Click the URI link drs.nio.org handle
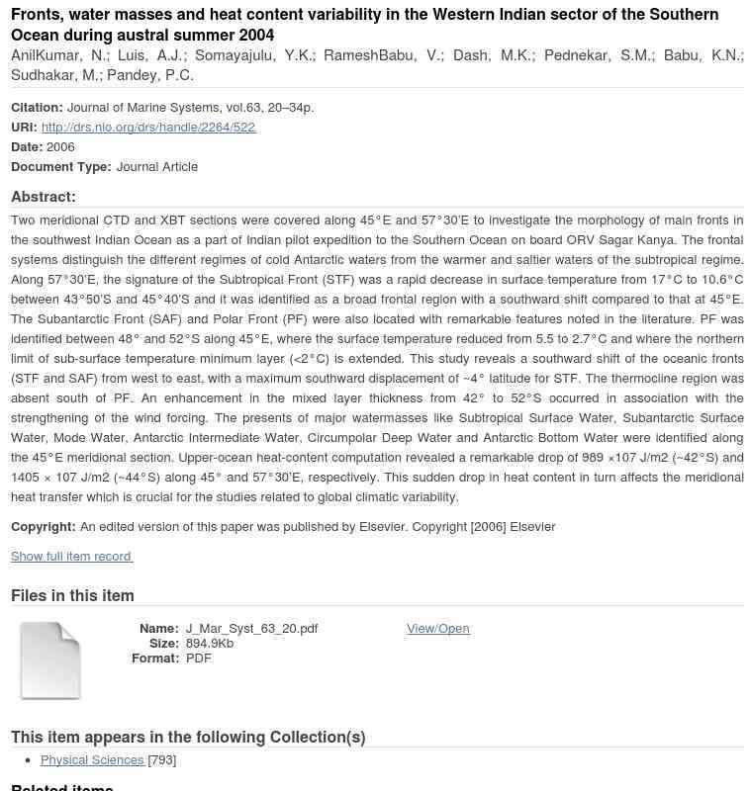click(x=148, y=128)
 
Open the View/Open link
click(x=437, y=629)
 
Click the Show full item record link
click(x=71, y=557)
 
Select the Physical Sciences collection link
click(x=92, y=760)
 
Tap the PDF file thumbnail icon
click(x=50, y=660)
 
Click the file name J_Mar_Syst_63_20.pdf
click(x=251, y=629)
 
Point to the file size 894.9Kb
click(x=210, y=644)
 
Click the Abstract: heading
click(x=44, y=197)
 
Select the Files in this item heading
click(x=72, y=595)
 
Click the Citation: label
click(x=37, y=108)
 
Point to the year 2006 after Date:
click(x=60, y=147)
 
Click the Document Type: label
click(x=61, y=167)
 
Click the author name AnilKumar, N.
click(x=58, y=55)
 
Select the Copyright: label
click(x=44, y=527)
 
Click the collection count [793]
click(x=162, y=760)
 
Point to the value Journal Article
click(x=157, y=167)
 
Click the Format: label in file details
click(x=155, y=659)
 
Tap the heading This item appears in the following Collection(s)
click(x=188, y=737)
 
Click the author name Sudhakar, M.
click(x=53, y=75)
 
